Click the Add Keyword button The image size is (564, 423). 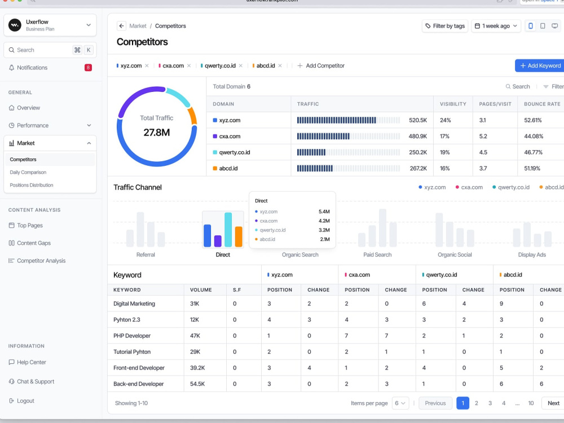[x=540, y=65]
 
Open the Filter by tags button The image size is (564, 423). [x=445, y=26]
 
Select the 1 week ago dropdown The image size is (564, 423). [x=496, y=26]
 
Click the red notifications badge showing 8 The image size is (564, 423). [x=88, y=68]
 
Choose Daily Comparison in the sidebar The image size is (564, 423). [x=28, y=172]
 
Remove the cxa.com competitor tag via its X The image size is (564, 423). [x=189, y=66]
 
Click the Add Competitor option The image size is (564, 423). [x=321, y=66]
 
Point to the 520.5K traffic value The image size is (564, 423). [x=417, y=120]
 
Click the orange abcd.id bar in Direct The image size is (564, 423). [x=239, y=236]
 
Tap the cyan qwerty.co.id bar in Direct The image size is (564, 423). [x=228, y=230]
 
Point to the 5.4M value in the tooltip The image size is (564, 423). [x=324, y=211]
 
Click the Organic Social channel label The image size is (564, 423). [x=455, y=255]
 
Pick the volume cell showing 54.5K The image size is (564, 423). [x=197, y=384]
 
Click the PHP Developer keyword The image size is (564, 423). [x=132, y=336]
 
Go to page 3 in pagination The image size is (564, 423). [x=490, y=403]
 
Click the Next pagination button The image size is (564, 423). [x=553, y=403]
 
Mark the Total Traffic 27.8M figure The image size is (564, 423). [x=156, y=133]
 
